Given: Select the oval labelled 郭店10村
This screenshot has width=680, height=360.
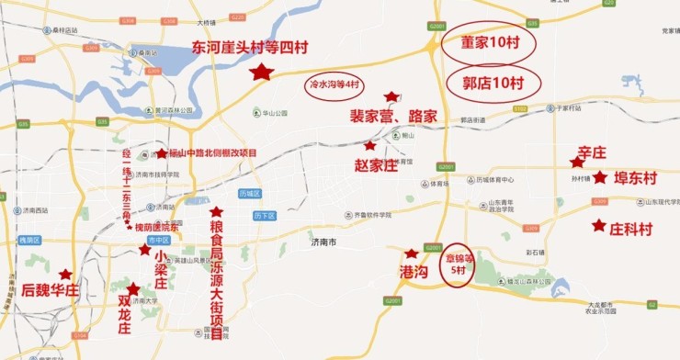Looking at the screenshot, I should pos(492,83).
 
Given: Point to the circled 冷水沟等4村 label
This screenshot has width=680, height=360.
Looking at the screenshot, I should pos(334,84).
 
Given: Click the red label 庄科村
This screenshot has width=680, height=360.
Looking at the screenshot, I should pos(631,227).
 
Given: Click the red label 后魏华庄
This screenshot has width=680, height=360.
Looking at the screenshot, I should pos(52,290).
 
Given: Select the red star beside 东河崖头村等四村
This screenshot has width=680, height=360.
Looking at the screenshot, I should pos(263,72).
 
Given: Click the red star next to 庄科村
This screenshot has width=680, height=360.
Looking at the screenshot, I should pos(598,225).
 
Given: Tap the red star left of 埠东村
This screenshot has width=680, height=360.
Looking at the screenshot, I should pos(599,177).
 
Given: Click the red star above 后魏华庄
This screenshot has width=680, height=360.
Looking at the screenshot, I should pos(65,274).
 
